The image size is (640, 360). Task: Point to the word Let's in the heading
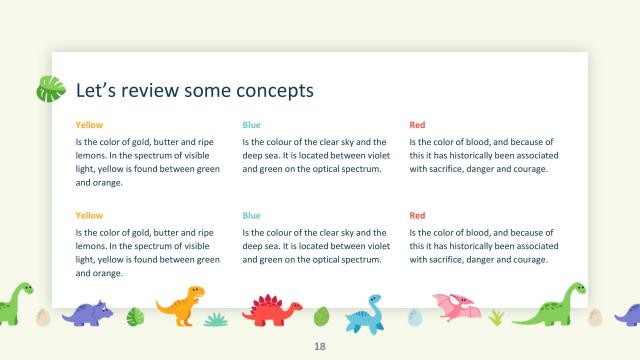(97, 90)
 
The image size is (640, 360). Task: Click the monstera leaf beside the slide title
(51, 90)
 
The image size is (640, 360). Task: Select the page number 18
(320, 346)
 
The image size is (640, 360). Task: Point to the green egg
(321, 317)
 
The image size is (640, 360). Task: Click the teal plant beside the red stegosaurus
(217, 319)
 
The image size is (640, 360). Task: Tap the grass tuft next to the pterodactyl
(496, 318)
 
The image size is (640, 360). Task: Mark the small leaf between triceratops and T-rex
(136, 317)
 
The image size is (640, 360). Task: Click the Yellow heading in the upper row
(89, 125)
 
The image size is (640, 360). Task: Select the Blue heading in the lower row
(251, 215)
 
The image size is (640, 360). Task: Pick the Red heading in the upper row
(417, 125)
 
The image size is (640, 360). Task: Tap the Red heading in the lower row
(417, 215)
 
